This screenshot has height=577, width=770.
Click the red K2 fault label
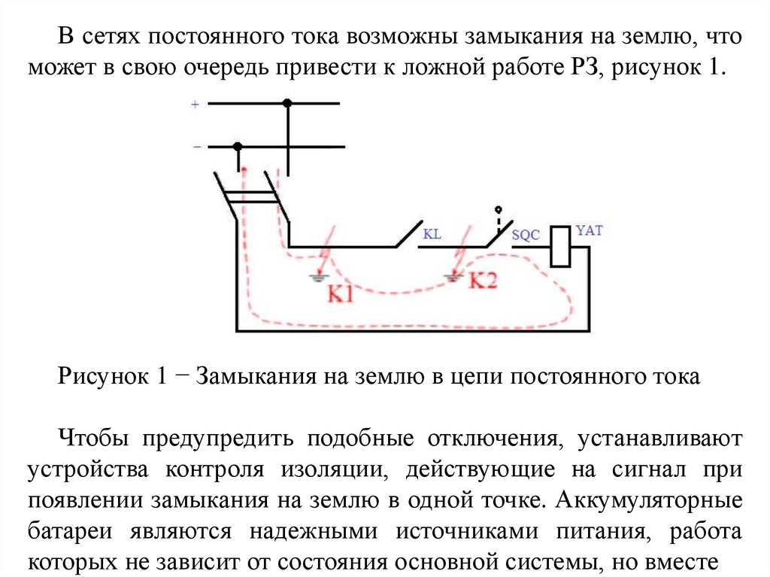click(x=484, y=281)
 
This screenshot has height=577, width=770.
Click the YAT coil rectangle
click(x=561, y=246)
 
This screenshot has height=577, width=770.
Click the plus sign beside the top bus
click(x=195, y=105)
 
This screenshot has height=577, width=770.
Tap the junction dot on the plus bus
click(x=287, y=103)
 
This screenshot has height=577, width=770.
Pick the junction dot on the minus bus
click(x=238, y=146)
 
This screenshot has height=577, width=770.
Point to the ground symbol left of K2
click(x=452, y=278)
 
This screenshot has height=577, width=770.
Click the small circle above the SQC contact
click(x=497, y=208)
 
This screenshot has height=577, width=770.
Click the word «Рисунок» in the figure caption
click(x=103, y=377)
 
